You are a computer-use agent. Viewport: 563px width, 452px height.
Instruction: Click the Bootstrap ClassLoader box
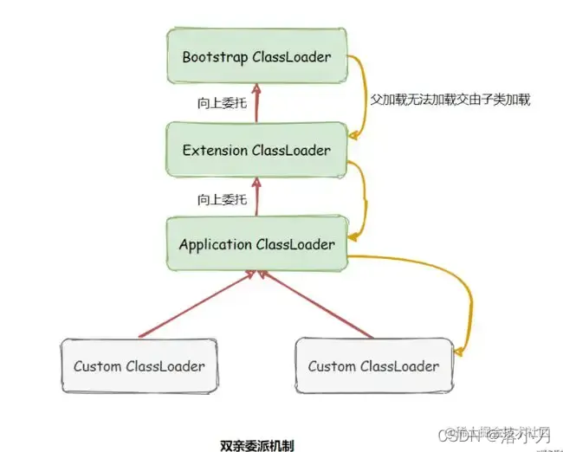pos(256,56)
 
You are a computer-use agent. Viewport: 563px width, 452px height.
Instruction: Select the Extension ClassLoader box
pos(256,151)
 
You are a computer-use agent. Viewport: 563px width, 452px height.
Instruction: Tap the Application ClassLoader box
pos(256,244)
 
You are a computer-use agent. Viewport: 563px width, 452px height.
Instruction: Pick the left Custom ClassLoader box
pos(139,365)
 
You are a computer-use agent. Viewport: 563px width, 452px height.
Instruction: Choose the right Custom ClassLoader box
pos(373,365)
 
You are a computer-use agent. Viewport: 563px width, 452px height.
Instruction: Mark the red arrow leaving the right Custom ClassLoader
pos(316,303)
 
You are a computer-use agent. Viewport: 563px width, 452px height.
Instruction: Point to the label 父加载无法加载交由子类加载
pos(450,100)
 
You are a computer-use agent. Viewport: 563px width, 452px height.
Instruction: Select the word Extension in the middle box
pos(215,151)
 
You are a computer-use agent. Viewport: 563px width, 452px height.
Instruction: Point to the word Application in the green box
pos(216,244)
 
